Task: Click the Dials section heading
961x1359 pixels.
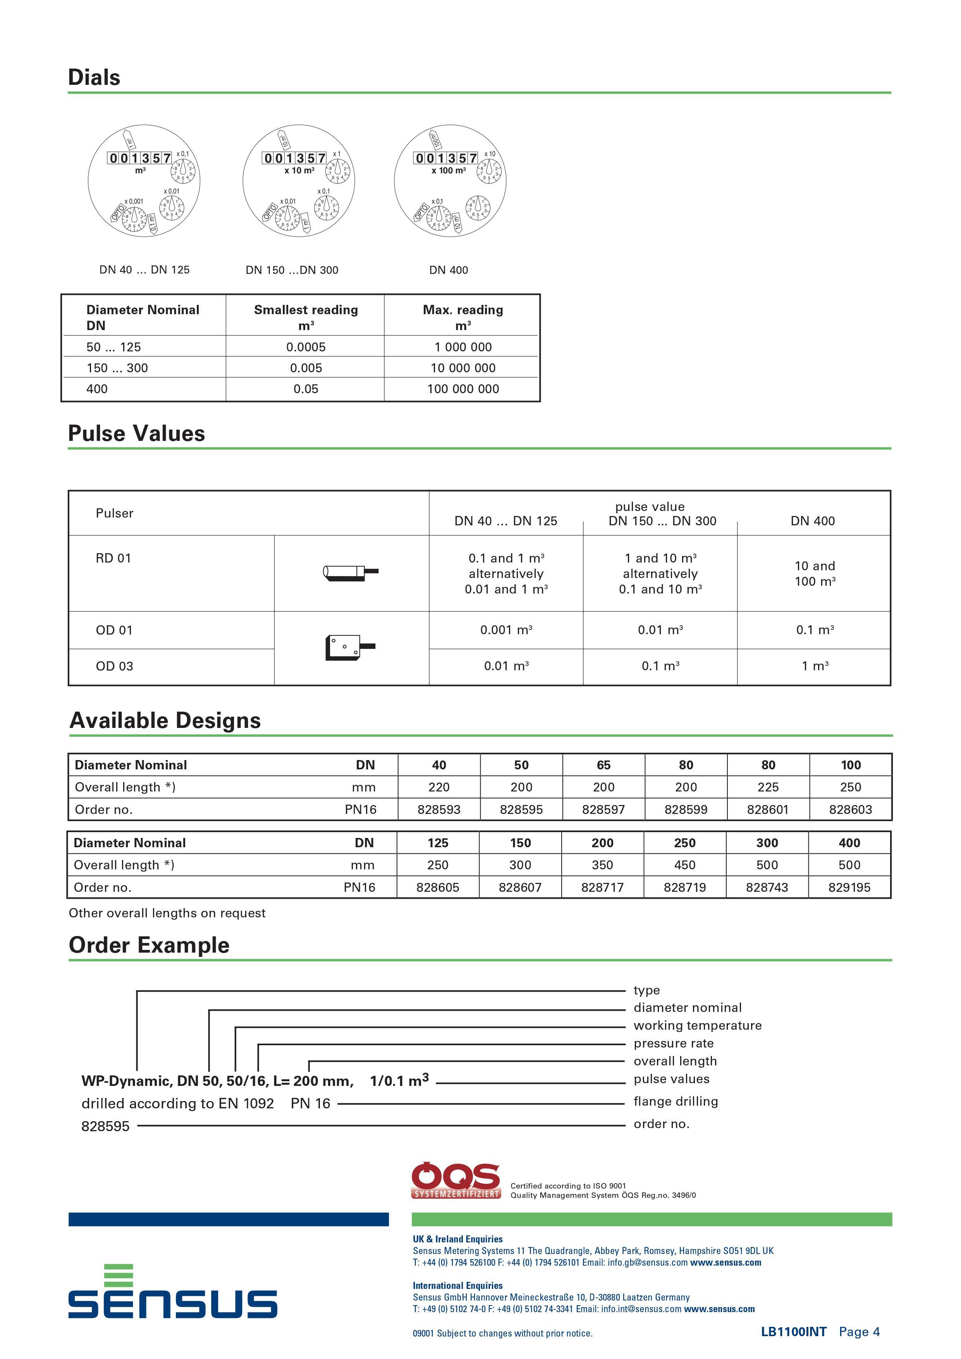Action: coord(94,77)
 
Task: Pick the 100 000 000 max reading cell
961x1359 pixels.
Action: coord(463,389)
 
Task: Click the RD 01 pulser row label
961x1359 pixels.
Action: coord(113,558)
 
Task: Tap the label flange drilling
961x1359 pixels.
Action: coord(675,1101)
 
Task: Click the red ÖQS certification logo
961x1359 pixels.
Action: coord(456,1180)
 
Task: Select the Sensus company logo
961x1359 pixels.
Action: coord(172,1292)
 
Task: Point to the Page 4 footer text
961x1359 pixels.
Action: coord(859,1332)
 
